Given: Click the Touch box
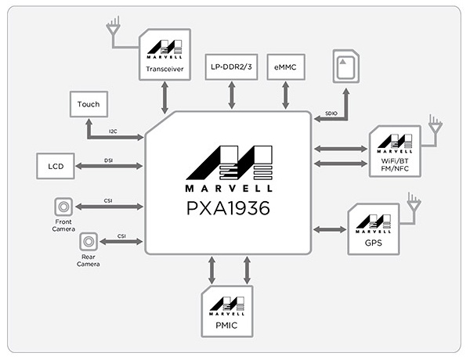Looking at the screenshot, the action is click(89, 104).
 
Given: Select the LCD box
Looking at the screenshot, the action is click(56, 166).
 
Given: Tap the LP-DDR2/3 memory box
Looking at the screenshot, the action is click(231, 67).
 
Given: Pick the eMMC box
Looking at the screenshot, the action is click(286, 67).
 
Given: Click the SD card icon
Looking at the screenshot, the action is click(346, 67).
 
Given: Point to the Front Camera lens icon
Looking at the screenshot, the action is click(63, 207).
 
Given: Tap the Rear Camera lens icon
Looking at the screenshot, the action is click(89, 241).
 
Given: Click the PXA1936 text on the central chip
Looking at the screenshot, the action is click(229, 208).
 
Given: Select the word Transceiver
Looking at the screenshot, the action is click(164, 69).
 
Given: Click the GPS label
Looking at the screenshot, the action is click(374, 243).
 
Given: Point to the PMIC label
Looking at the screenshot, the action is click(226, 326).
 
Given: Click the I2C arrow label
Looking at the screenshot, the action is click(113, 131).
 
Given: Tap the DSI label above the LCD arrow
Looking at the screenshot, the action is click(109, 160).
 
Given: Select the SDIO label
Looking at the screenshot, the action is click(331, 113).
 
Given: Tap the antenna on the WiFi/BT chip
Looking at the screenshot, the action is click(436, 127).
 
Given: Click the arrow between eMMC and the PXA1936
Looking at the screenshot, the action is click(286, 95).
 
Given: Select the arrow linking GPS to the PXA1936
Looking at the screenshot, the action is click(330, 230).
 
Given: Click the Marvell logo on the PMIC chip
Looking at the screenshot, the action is click(227, 306).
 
